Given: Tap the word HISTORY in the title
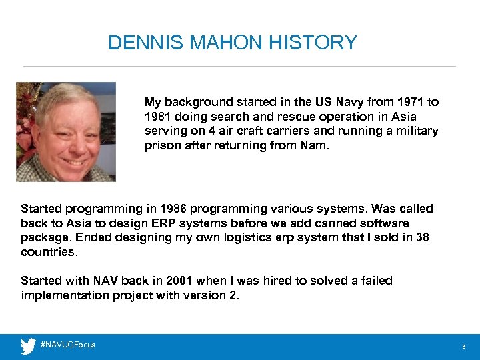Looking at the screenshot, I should [313, 43].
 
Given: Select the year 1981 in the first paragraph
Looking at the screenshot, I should [158, 117].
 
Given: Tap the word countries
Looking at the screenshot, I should [49, 253].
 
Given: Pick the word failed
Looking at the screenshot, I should [375, 281].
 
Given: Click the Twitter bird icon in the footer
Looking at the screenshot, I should [28, 345].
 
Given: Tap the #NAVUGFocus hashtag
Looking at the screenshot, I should [67, 345].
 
